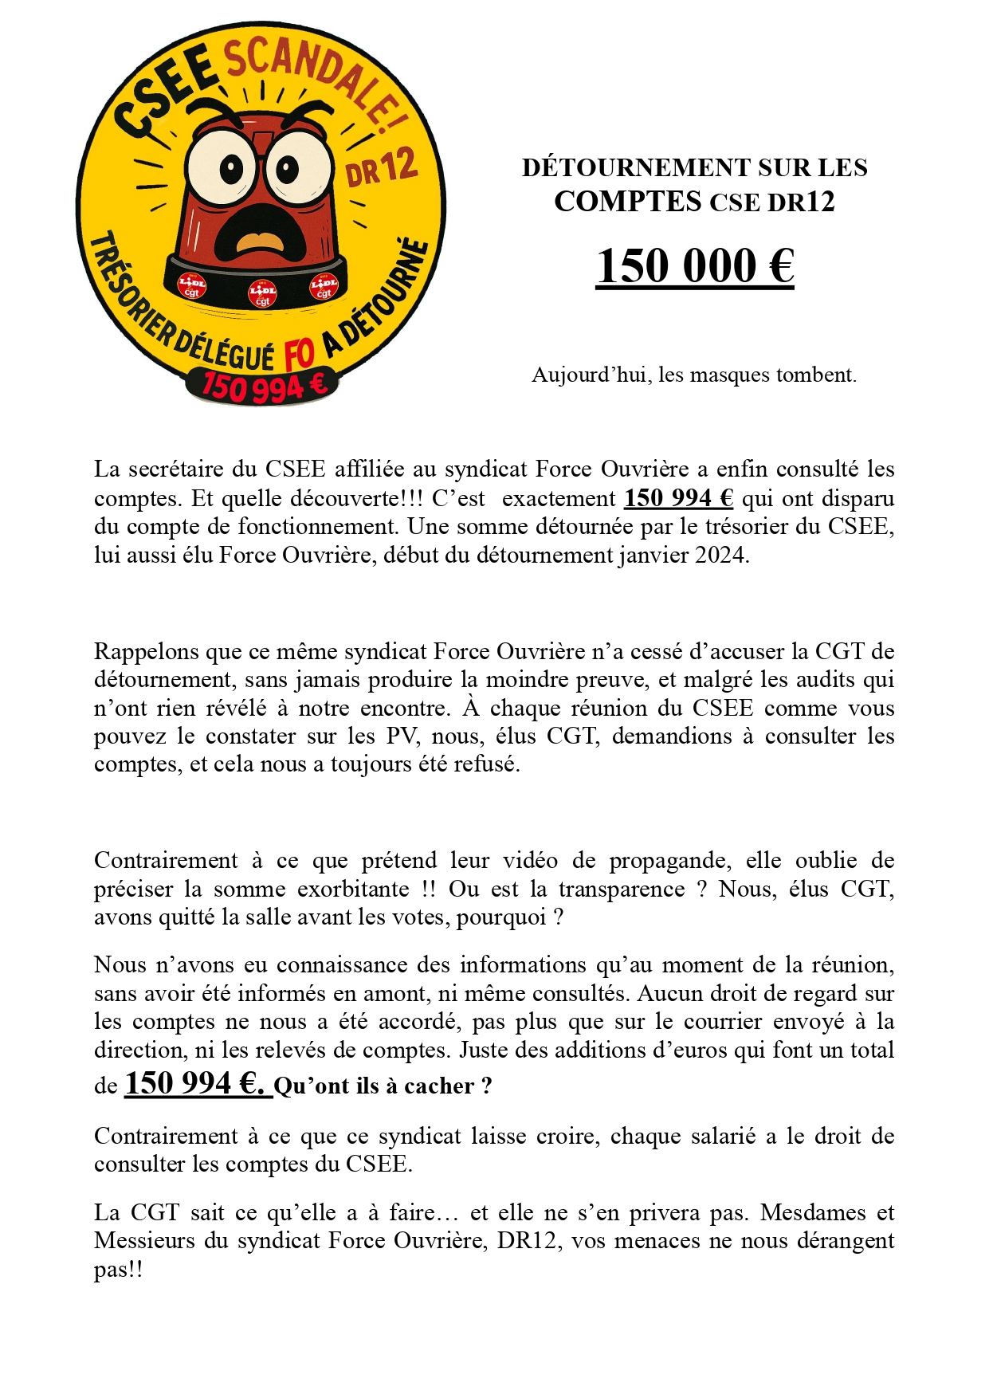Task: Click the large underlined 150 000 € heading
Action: (694, 266)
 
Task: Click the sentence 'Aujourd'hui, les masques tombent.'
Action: (694, 375)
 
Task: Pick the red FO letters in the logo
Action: (299, 354)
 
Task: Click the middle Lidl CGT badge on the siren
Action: (262, 293)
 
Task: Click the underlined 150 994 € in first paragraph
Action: (678, 498)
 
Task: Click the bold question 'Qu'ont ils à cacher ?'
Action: (383, 1086)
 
